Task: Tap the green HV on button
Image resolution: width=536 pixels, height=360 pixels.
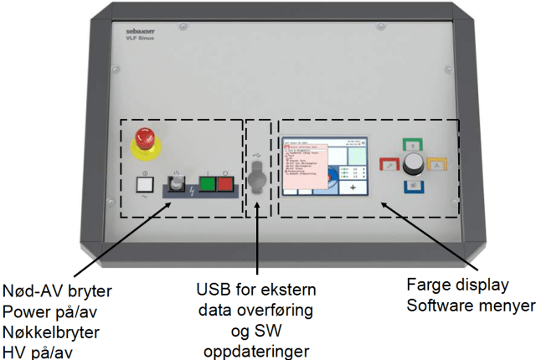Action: tap(205, 185)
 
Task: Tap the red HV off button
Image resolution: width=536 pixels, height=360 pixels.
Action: tap(224, 185)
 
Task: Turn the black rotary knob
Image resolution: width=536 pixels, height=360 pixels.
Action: tap(414, 162)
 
